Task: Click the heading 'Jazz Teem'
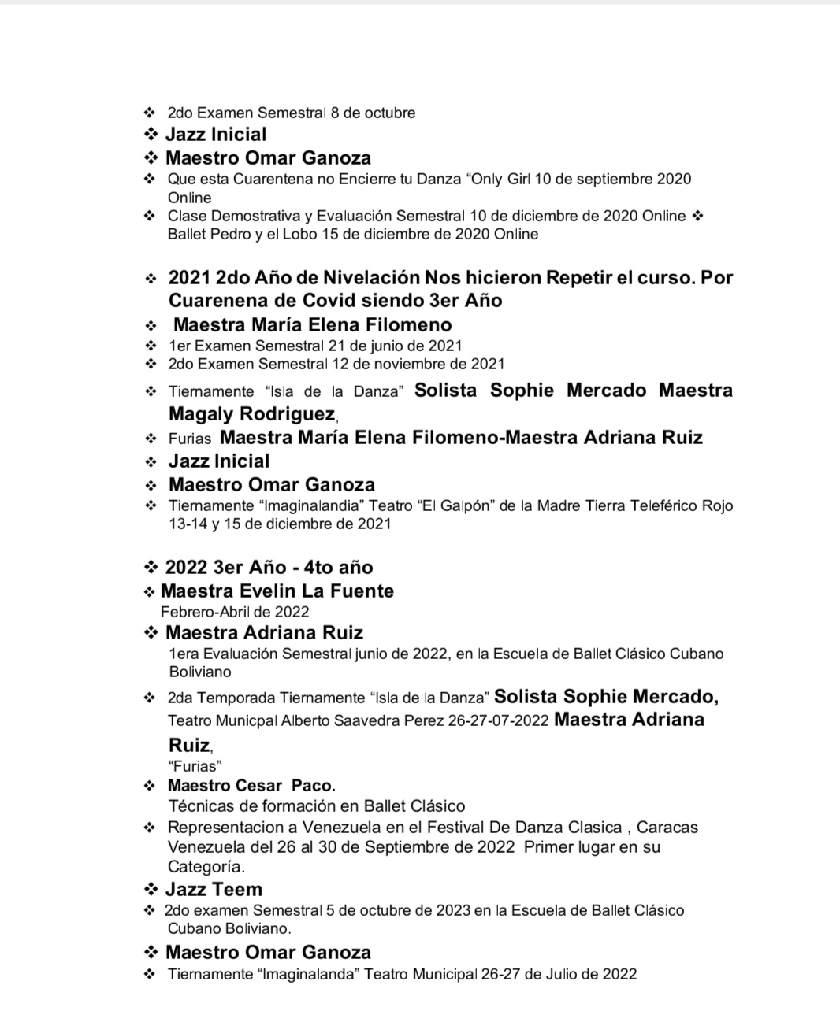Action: pyautogui.click(x=214, y=890)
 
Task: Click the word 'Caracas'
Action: pyautogui.click(x=667, y=828)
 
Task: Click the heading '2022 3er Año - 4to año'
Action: pyautogui.click(x=269, y=568)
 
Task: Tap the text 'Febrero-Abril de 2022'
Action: pyautogui.click(x=235, y=612)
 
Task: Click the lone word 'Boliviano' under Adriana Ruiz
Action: pyautogui.click(x=200, y=672)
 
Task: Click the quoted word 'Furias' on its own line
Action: pyautogui.click(x=195, y=765)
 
